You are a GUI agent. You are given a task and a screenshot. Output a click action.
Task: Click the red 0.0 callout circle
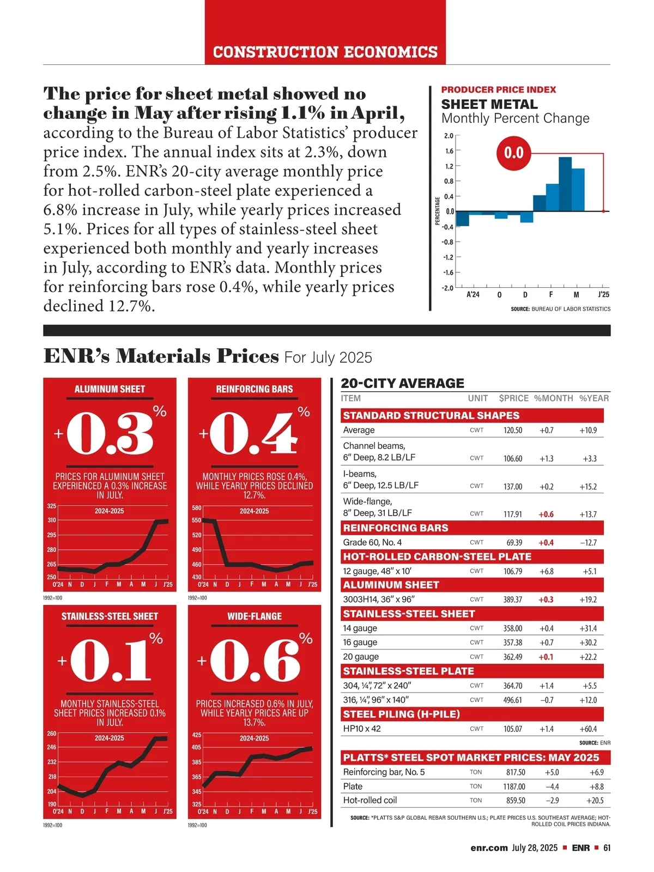tap(513, 152)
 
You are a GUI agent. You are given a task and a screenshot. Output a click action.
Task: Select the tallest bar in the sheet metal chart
tap(565, 184)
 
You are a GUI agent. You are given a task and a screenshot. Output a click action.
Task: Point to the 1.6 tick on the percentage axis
tap(449, 150)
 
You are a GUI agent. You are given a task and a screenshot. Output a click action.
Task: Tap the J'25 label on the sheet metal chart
tap(603, 295)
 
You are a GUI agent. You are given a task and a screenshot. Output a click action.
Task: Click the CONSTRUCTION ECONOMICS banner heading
tap(325, 52)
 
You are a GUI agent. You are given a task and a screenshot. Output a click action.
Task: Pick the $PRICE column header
tap(513, 398)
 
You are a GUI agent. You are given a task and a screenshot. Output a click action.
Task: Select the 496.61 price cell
tap(512, 700)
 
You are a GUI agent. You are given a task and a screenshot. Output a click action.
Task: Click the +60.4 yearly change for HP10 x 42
tap(588, 729)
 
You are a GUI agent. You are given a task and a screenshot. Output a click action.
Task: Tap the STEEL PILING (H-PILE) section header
tap(401, 714)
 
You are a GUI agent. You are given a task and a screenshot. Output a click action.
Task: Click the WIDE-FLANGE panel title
tap(255, 616)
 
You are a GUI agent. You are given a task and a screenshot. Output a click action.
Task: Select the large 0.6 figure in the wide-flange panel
tap(255, 661)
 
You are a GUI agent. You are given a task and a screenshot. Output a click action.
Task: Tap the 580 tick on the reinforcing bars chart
tap(197, 508)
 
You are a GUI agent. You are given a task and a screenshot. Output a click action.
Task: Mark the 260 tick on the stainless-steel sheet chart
tap(52, 734)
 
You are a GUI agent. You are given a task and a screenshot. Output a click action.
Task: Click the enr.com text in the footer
tap(489, 848)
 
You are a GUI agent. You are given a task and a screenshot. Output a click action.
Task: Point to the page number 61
tap(607, 848)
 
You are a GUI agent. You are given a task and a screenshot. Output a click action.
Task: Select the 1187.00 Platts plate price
tap(514, 787)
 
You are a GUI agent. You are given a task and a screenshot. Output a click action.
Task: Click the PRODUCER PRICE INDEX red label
tap(499, 90)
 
